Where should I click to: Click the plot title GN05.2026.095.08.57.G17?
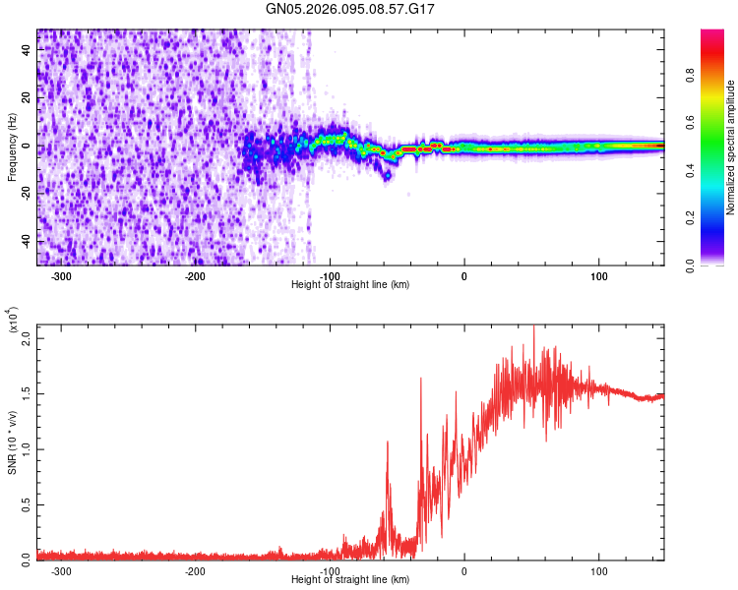(x=350, y=9)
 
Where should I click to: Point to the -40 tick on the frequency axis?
(x=26, y=241)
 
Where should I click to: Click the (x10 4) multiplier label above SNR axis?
(x=13, y=323)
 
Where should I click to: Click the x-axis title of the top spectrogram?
(x=350, y=285)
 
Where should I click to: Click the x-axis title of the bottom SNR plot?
(x=350, y=580)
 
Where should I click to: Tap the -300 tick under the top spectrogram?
(x=61, y=275)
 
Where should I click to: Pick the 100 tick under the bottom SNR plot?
(x=598, y=570)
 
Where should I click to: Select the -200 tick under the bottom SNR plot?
(x=195, y=570)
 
